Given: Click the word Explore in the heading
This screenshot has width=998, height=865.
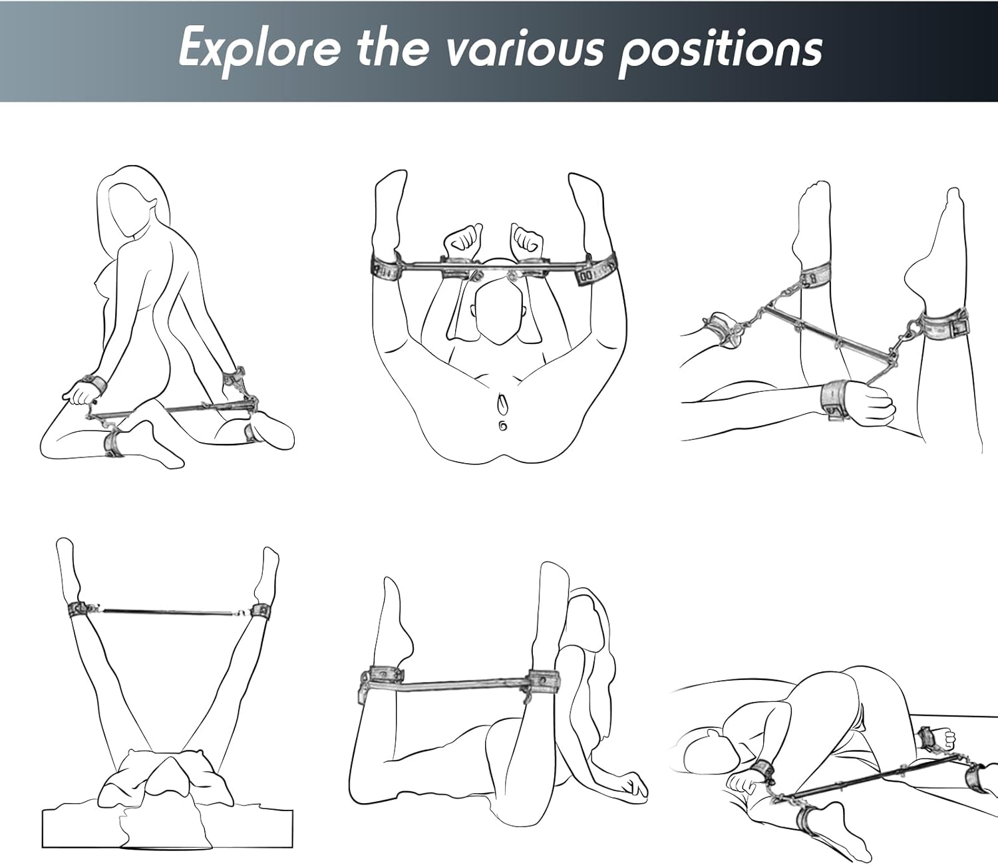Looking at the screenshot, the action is coord(259,49).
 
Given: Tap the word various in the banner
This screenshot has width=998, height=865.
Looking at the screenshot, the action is coord(524,49).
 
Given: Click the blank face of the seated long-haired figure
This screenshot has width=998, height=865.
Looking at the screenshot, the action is coord(128,211).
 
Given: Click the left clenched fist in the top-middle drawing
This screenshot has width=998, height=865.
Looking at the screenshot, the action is coord(462,242).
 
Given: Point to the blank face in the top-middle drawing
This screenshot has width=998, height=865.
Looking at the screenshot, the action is coord(500,315).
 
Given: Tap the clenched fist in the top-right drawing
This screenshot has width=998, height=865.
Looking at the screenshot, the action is coord(872,407).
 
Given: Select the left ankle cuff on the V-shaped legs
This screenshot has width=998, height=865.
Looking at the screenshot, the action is coord(77,610).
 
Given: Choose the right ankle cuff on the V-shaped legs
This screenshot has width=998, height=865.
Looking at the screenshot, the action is coord(259,611).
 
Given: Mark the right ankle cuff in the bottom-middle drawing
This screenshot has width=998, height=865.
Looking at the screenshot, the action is coord(544,679).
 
